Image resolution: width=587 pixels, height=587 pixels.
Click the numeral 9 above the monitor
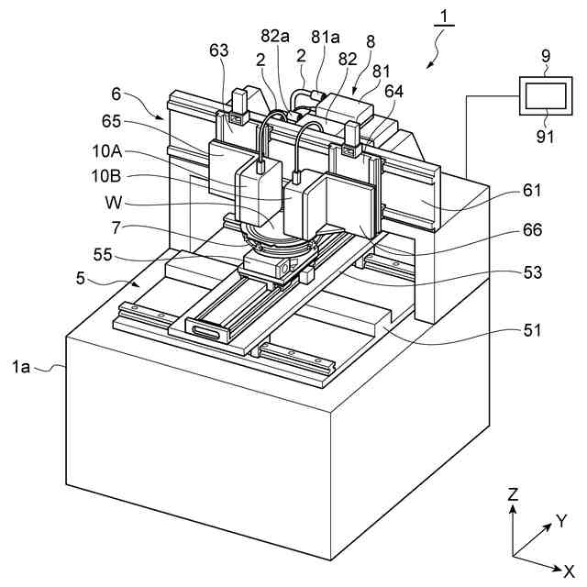click(x=546, y=56)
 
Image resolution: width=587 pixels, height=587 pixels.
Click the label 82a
click(x=275, y=37)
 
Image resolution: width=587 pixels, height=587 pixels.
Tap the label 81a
click(x=324, y=37)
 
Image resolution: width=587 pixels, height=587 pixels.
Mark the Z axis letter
click(x=514, y=494)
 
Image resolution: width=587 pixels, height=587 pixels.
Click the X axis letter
click(x=570, y=570)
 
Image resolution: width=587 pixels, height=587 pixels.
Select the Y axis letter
click(x=561, y=521)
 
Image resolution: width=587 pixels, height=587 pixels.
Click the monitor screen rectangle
click(x=544, y=95)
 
